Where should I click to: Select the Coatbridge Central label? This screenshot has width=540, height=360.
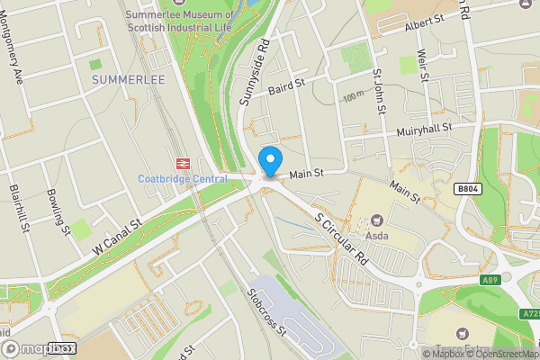(x=183, y=178)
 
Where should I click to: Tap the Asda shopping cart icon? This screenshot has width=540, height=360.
(x=377, y=220)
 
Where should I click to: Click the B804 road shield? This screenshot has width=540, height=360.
(x=467, y=189)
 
